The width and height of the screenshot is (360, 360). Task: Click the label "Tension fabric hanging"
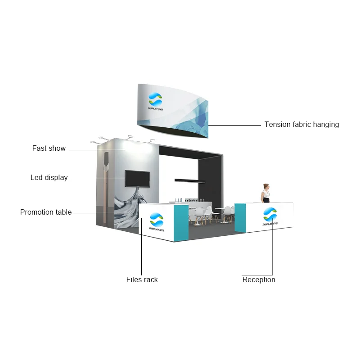click(x=301, y=125)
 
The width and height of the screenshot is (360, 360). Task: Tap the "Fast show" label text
click(x=49, y=148)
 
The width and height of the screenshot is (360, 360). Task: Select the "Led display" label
click(x=49, y=178)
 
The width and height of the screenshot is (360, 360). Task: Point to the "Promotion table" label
click(x=45, y=212)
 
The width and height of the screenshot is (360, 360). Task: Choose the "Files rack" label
click(x=142, y=280)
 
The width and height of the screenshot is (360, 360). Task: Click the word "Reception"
click(x=259, y=280)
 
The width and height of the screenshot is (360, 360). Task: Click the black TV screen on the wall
click(x=137, y=179)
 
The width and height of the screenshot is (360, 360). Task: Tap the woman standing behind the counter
click(x=266, y=194)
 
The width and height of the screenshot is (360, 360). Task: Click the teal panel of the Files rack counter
click(x=181, y=223)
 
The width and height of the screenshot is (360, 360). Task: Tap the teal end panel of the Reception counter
click(x=240, y=218)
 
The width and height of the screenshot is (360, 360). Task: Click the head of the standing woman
click(x=266, y=186)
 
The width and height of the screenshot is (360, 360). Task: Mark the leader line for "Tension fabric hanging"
click(x=234, y=125)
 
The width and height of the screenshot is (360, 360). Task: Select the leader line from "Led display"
click(x=97, y=178)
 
